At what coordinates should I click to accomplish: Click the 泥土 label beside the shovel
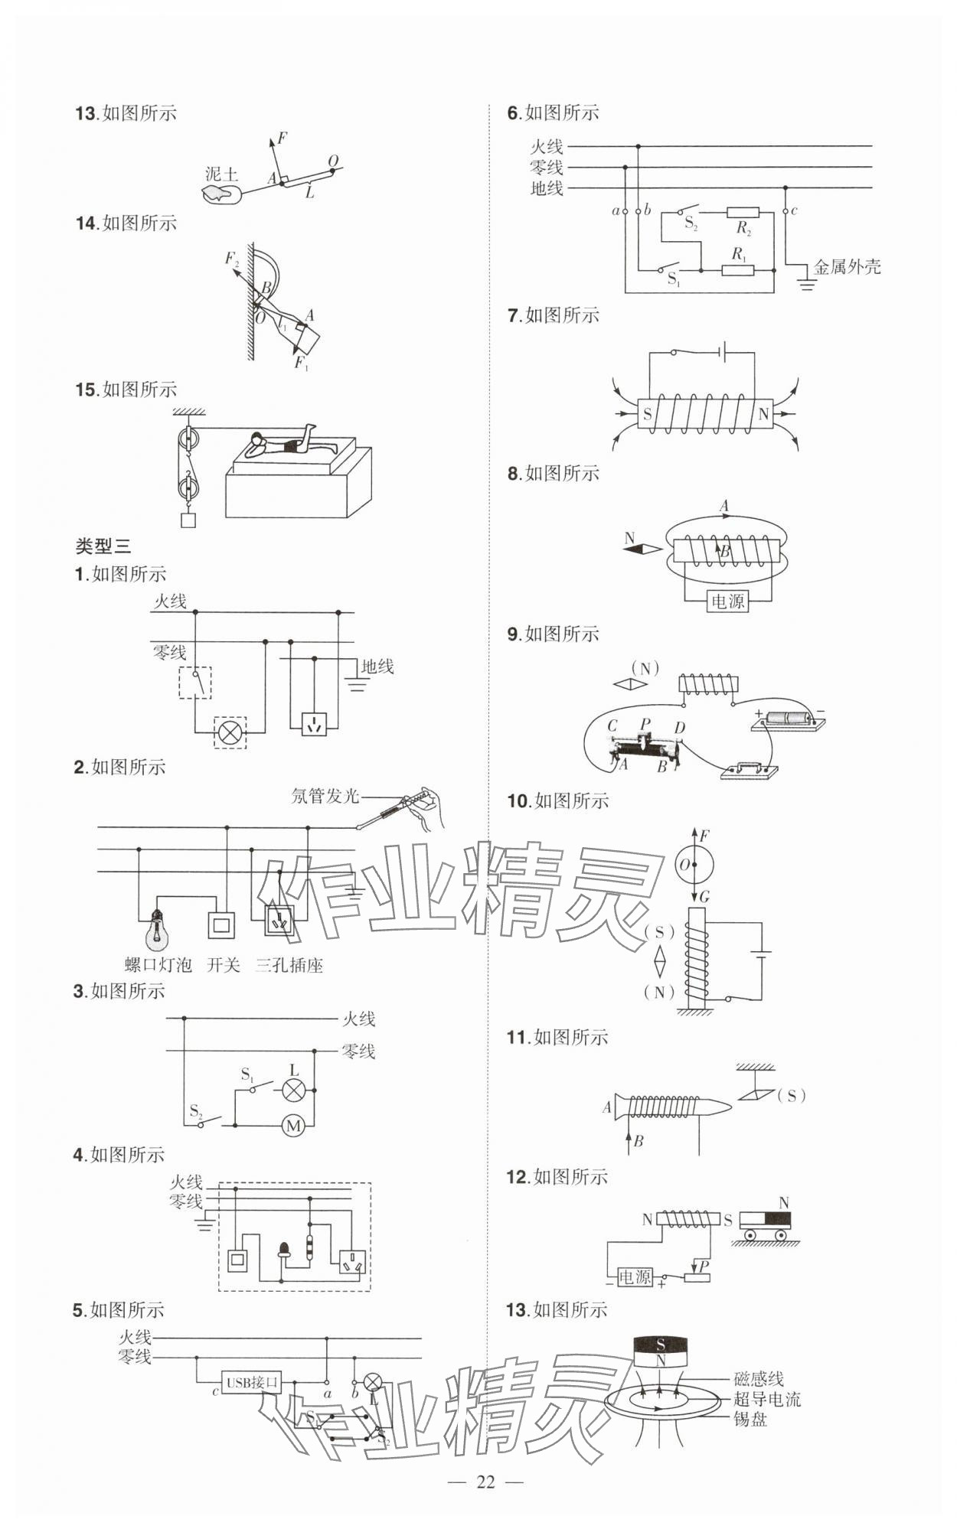(x=221, y=174)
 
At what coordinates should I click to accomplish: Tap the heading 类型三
(x=103, y=546)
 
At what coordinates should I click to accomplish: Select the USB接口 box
(x=251, y=1383)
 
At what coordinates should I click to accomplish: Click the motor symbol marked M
(x=293, y=1125)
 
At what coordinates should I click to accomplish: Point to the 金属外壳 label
(x=847, y=267)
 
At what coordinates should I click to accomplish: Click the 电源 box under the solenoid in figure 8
(x=727, y=601)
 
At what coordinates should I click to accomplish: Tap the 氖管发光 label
(x=325, y=796)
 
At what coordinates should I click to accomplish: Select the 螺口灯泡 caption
(x=158, y=965)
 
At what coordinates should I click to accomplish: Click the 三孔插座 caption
(x=289, y=965)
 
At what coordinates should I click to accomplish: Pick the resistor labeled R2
(x=743, y=212)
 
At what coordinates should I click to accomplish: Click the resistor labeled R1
(x=738, y=269)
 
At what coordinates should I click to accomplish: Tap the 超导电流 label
(x=767, y=1399)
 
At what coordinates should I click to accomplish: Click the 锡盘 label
(x=750, y=1420)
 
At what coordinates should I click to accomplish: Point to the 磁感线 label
(x=759, y=1379)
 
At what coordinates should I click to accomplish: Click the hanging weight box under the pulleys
(x=188, y=520)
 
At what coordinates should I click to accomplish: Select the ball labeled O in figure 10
(x=694, y=866)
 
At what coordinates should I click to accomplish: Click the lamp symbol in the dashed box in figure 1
(x=230, y=732)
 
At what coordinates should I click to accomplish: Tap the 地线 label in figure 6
(x=547, y=188)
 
